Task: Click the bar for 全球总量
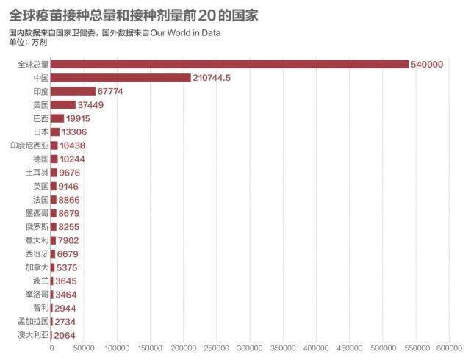pos(229,64)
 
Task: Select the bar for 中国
pos(121,77)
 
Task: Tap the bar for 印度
pos(73,91)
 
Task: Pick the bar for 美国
pos(63,104)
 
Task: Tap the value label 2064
pos(65,335)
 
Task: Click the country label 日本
pos(41,132)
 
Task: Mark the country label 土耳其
pos(37,172)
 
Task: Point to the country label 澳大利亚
pos(33,335)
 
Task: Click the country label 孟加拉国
pos(33,321)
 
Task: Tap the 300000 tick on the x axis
pos(250,348)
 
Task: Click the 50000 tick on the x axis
pos(84,348)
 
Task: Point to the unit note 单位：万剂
pos(28,42)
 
